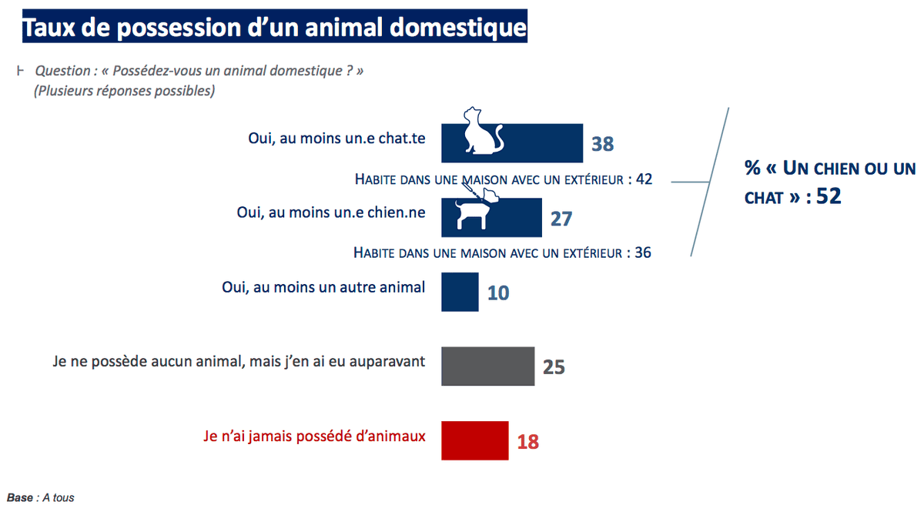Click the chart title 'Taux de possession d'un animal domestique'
coord(274,27)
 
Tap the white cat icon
coord(481,131)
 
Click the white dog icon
coord(474,212)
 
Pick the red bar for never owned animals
coord(474,440)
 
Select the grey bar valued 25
coord(487,366)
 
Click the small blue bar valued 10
coord(460,292)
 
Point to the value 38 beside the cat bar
coord(602,144)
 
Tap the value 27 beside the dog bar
coord(561,219)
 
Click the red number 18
coord(527,442)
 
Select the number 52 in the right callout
coord(829,196)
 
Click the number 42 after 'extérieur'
coord(644,179)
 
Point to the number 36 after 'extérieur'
coord(643,252)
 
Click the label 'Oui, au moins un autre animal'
coord(323,288)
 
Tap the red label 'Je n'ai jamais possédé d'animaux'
coord(314,436)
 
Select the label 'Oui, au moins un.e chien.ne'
coord(331,212)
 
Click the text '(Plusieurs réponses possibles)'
coord(124,91)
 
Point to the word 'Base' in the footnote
coord(20,498)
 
